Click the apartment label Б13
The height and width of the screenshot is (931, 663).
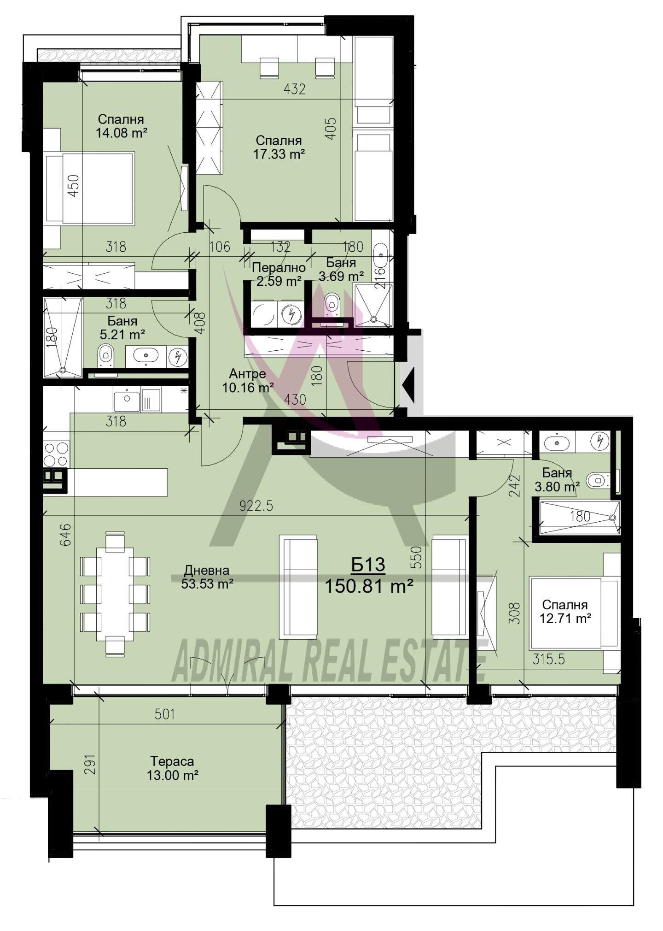pyautogui.click(x=368, y=564)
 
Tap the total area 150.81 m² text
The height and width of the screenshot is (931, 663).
pyautogui.click(x=368, y=587)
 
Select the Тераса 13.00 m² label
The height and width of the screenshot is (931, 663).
pyautogui.click(x=173, y=768)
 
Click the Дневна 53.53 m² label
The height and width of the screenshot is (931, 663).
pyautogui.click(x=207, y=577)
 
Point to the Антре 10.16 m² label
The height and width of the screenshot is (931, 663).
pyautogui.click(x=248, y=381)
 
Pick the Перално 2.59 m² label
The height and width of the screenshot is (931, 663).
pyautogui.click(x=279, y=274)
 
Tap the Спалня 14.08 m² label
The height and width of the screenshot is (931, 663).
pyautogui.click(x=121, y=126)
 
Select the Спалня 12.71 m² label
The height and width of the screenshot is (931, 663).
pyautogui.click(x=565, y=612)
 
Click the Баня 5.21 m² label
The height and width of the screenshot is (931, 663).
pyautogui.click(x=122, y=327)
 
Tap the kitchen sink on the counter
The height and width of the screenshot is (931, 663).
pyautogui.click(x=127, y=401)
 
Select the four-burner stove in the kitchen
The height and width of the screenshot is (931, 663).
pyautogui.click(x=56, y=454)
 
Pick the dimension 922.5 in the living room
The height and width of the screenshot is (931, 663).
pyautogui.click(x=256, y=506)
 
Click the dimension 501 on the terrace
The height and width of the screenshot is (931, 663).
pyautogui.click(x=165, y=714)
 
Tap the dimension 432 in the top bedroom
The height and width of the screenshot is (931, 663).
pyautogui.click(x=294, y=89)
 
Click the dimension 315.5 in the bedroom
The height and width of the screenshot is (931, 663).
pyautogui.click(x=549, y=660)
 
